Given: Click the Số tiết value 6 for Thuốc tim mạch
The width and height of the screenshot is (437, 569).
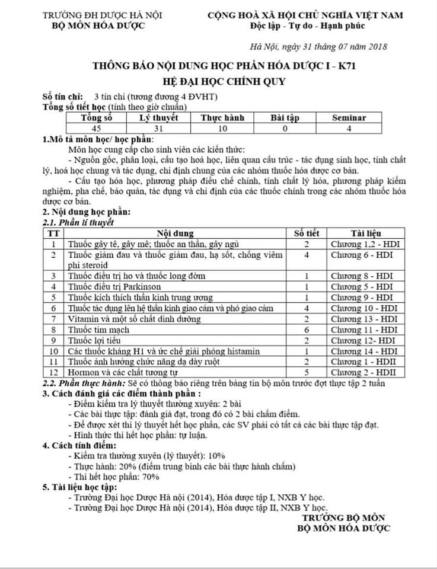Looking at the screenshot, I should [307, 329].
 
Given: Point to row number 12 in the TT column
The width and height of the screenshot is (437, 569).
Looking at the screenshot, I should [53, 372].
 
